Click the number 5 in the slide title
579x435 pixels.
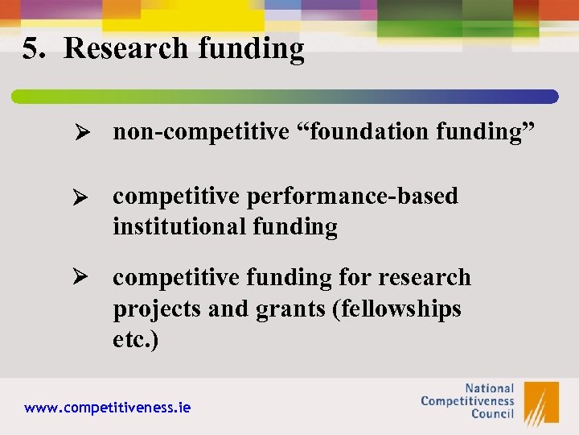(31, 49)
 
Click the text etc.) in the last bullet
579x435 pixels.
(136, 339)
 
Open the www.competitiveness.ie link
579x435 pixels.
(108, 408)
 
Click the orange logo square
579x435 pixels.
(540, 403)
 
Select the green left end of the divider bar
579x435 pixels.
(24, 97)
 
